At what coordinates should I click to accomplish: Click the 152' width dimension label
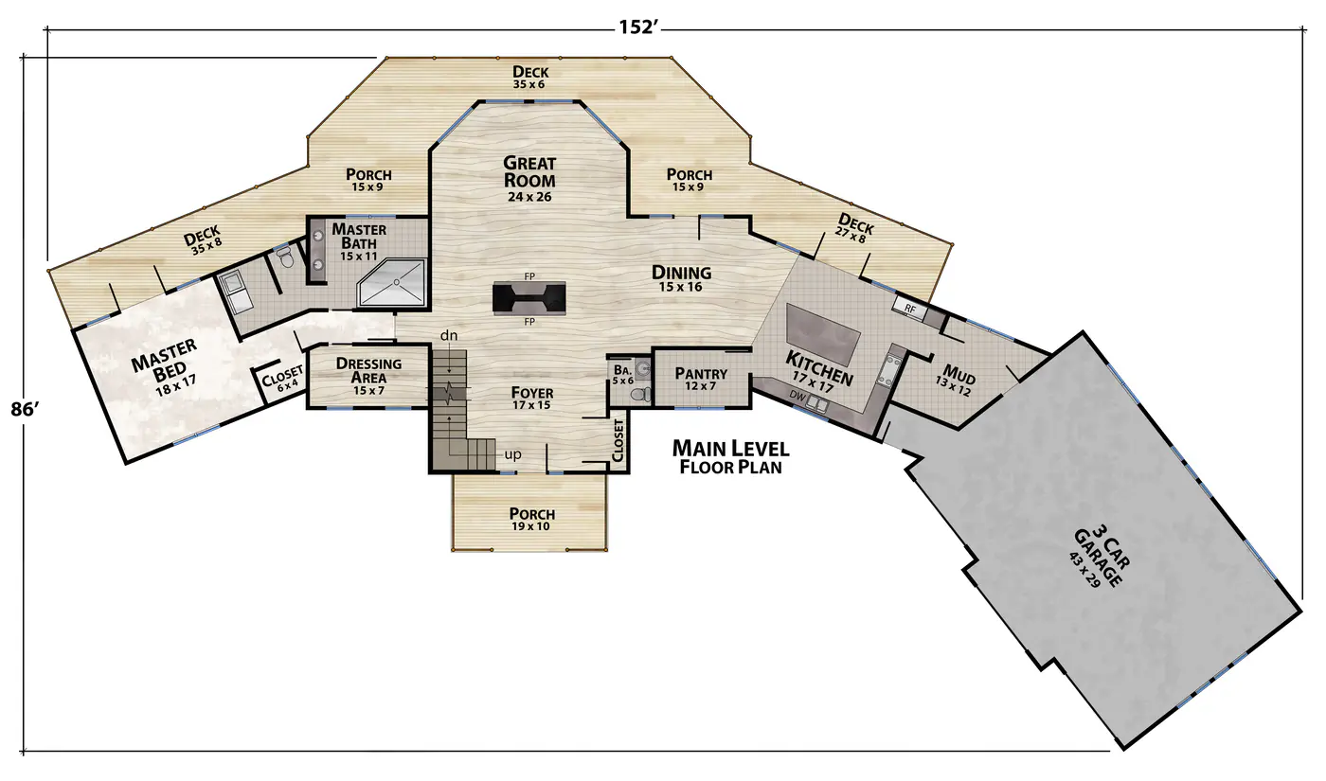638,27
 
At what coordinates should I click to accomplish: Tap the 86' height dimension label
25,409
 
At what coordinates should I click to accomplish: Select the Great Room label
529,172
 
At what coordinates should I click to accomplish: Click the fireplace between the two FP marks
529,297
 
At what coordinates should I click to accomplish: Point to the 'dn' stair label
449,335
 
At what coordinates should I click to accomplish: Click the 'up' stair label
512,454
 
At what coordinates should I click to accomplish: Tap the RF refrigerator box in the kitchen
910,309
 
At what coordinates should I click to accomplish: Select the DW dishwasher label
797,396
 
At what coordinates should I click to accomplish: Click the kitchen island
823,334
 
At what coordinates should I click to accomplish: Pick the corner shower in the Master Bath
392,283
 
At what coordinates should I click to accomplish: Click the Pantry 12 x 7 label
701,379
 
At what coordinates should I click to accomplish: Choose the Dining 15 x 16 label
681,278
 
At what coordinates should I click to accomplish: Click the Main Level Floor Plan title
731,456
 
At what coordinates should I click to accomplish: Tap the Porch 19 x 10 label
532,519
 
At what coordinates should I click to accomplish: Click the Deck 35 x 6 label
530,77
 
